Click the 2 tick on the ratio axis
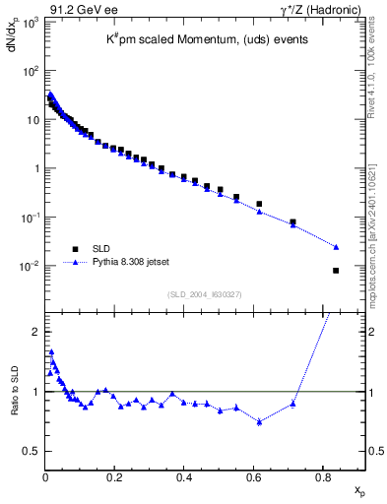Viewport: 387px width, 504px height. pyautogui.click(x=35, y=332)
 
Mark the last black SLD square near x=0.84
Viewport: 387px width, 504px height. pyautogui.click(x=336, y=271)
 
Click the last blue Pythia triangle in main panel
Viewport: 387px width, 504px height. pyautogui.click(x=336, y=247)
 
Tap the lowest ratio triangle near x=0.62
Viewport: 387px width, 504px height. pyautogui.click(x=259, y=422)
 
